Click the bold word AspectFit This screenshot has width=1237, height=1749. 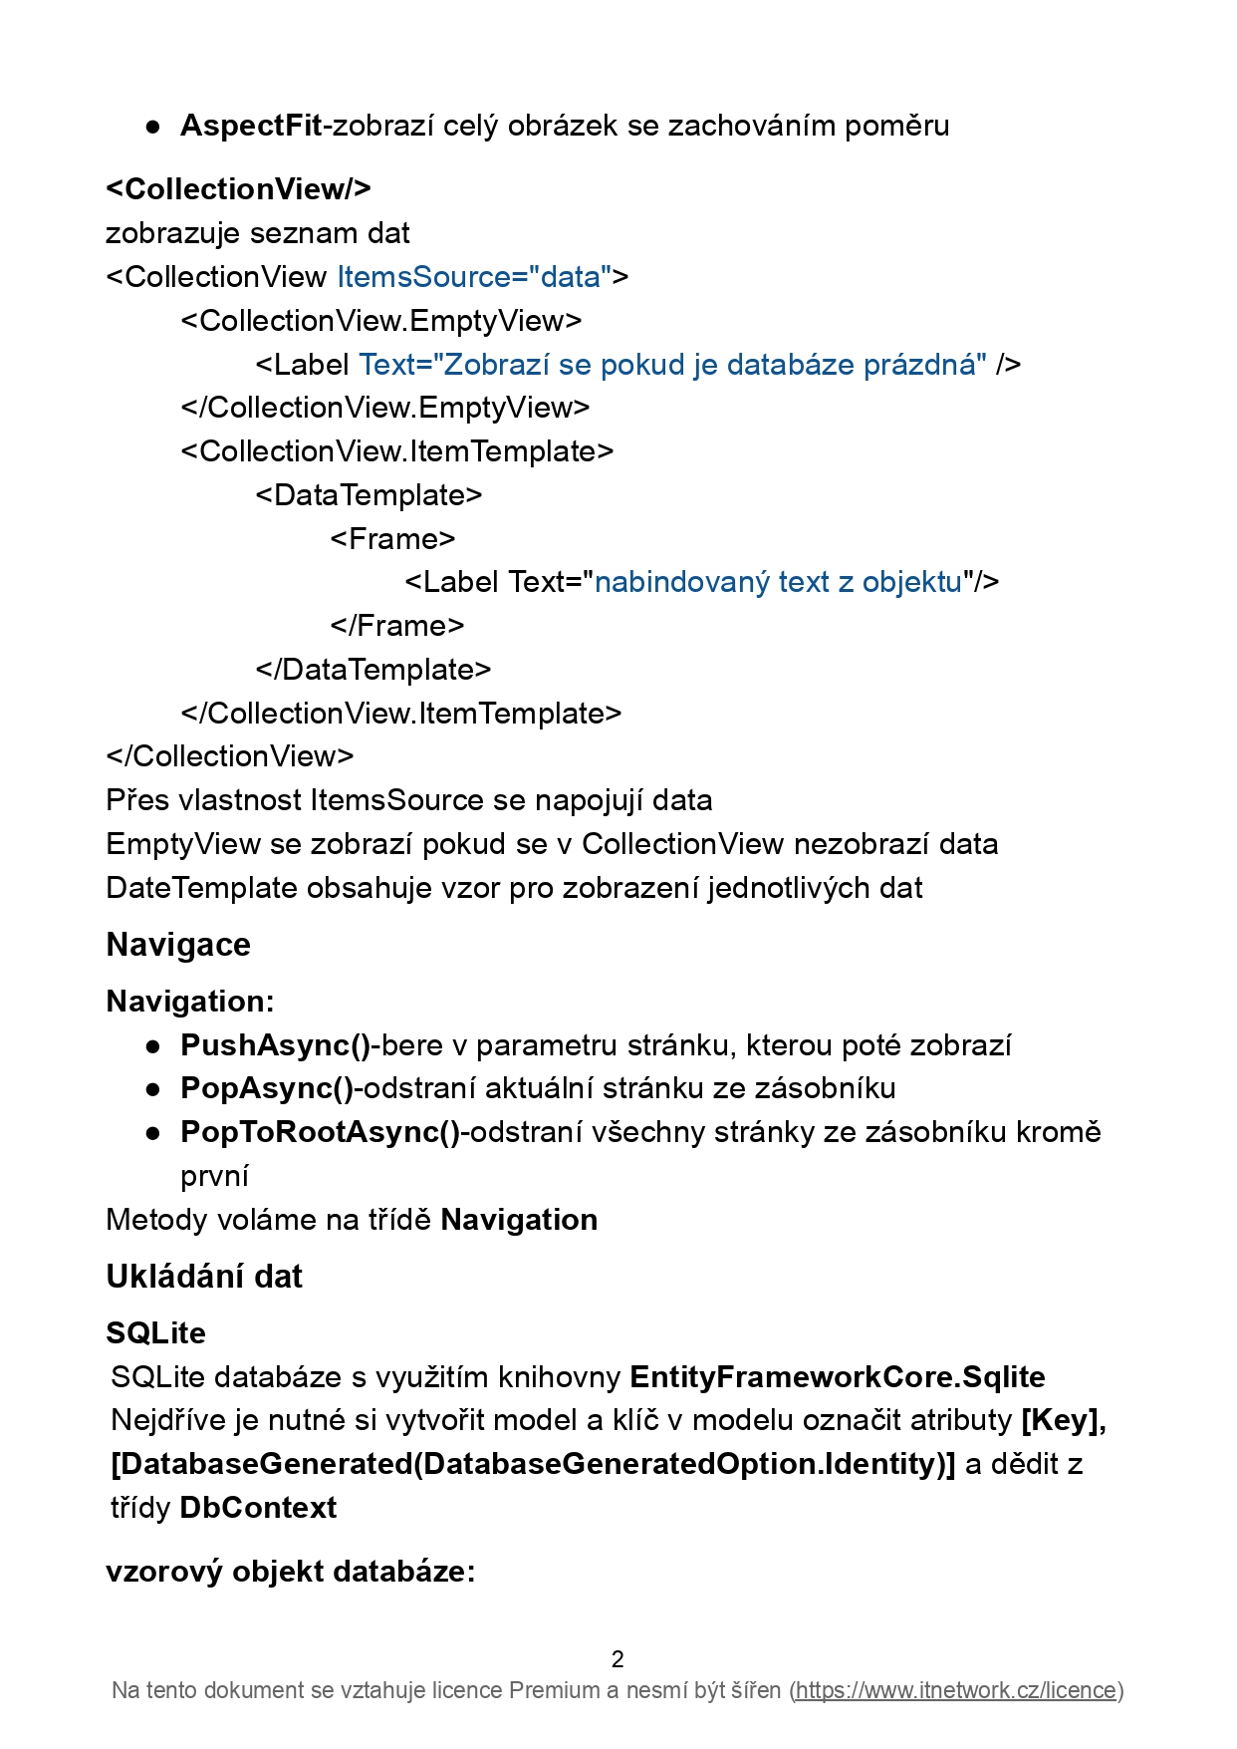point(251,126)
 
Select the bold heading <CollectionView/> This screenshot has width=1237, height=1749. point(238,188)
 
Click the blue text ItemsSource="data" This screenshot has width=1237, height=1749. point(473,276)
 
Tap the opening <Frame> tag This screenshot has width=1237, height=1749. point(392,539)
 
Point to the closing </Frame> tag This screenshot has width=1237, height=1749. point(397,626)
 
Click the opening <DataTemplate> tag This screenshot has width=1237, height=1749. point(369,495)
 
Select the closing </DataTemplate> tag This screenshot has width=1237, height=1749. point(373,670)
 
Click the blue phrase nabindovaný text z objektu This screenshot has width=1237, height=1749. point(778,582)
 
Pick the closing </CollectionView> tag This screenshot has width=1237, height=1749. point(230,756)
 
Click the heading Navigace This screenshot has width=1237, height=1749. point(178,945)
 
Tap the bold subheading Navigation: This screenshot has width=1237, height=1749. point(190,1002)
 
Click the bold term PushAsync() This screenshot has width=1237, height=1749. point(276,1045)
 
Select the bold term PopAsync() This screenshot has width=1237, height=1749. point(267,1088)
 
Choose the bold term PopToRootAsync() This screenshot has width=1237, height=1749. point(320,1132)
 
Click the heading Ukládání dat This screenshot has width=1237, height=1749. point(204,1277)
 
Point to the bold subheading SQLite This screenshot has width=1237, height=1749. point(156,1333)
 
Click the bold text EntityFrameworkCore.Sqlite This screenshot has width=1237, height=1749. point(838,1377)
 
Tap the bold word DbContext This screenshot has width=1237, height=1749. point(258,1508)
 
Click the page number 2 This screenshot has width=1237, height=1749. point(618,1659)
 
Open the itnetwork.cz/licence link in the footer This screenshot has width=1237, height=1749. point(956,1690)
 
